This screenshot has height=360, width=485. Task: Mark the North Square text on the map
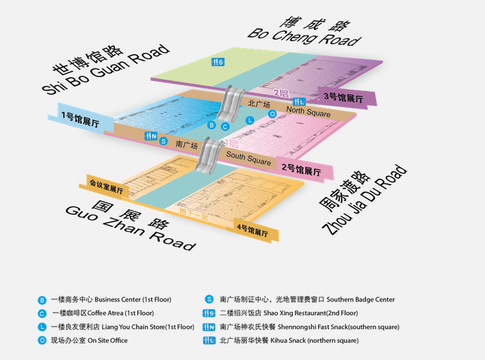coord(308,113)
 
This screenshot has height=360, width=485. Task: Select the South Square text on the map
coord(248,158)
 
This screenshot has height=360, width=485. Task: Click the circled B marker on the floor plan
coord(211,125)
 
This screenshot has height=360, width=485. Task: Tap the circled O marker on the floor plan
coord(272,114)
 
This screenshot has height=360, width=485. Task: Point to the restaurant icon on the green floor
coord(218,63)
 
